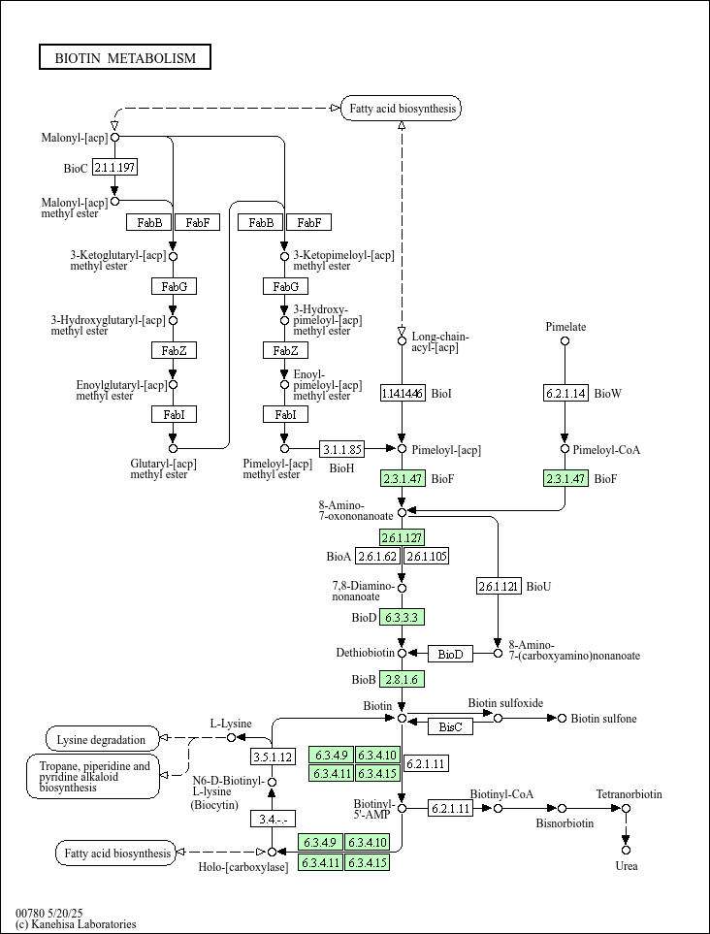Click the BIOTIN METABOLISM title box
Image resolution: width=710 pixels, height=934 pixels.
(125, 58)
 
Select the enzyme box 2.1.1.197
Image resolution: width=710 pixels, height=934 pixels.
(114, 168)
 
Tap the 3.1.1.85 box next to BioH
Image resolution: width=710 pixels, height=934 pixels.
(342, 449)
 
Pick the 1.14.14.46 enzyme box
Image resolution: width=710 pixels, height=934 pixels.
(403, 393)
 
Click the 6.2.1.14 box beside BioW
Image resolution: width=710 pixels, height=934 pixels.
(565, 393)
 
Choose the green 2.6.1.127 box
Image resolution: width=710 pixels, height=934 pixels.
(403, 537)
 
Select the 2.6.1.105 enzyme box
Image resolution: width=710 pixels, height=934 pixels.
(426, 556)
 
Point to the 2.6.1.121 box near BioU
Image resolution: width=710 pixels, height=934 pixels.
(499, 586)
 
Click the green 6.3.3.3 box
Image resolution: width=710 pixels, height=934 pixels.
(403, 617)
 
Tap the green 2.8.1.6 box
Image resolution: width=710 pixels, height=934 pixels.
(403, 679)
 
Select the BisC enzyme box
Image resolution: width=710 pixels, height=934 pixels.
(450, 726)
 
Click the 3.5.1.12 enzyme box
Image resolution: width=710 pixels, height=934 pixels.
(273, 757)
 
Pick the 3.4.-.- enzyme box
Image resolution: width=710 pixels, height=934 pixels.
(273, 819)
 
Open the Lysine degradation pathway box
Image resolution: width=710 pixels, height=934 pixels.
(102, 739)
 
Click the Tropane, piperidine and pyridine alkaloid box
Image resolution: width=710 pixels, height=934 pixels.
(93, 776)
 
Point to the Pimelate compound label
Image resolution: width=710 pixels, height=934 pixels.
(565, 327)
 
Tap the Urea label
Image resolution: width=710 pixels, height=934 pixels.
(627, 865)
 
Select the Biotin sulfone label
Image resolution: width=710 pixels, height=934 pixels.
(603, 719)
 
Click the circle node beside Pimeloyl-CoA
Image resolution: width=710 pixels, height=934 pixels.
(565, 449)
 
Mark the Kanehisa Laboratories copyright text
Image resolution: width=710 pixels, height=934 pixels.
(76, 924)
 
